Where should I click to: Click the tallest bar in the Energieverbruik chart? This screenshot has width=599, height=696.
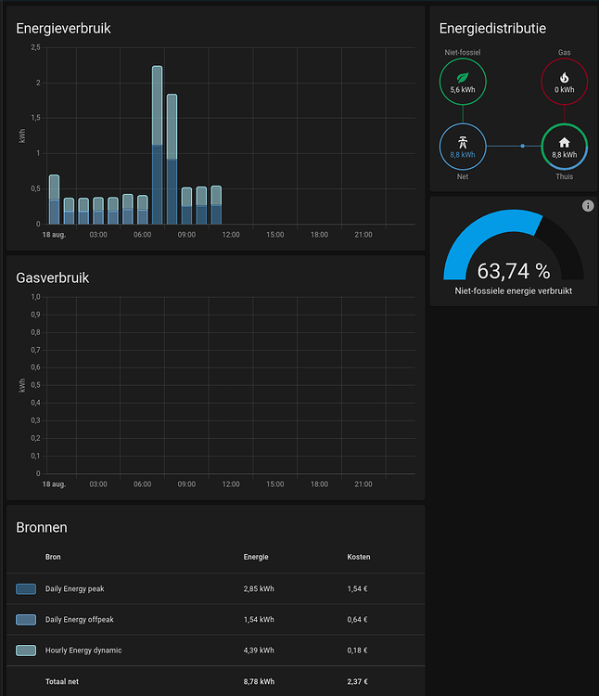(x=157, y=144)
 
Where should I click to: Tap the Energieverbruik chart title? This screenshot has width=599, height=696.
(x=63, y=29)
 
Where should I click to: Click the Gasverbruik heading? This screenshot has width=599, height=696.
(x=53, y=277)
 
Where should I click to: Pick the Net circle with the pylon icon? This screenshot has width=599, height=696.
(x=462, y=147)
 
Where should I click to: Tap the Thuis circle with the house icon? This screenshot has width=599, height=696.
(x=564, y=147)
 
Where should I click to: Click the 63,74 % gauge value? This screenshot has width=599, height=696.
(x=513, y=271)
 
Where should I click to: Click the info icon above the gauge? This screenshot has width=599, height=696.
(x=588, y=205)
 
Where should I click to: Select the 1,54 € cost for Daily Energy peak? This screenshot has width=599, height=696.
(x=357, y=588)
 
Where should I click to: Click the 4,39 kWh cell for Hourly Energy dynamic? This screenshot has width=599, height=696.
(x=259, y=651)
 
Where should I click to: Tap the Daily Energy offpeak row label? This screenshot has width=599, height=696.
(x=80, y=619)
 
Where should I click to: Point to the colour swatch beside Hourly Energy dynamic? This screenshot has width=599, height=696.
(x=26, y=651)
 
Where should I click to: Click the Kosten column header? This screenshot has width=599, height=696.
(x=358, y=557)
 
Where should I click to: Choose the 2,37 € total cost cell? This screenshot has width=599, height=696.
(x=357, y=682)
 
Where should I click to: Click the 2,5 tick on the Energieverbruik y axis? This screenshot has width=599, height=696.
(x=35, y=48)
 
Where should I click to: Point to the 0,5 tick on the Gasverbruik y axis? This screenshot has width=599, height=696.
(x=35, y=385)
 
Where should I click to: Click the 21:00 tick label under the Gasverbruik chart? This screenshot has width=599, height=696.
(x=363, y=484)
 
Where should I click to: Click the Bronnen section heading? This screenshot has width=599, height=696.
(x=42, y=527)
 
